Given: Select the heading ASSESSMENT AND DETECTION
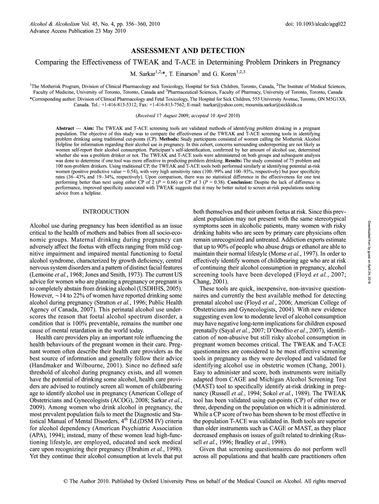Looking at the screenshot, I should coord(187,51).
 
